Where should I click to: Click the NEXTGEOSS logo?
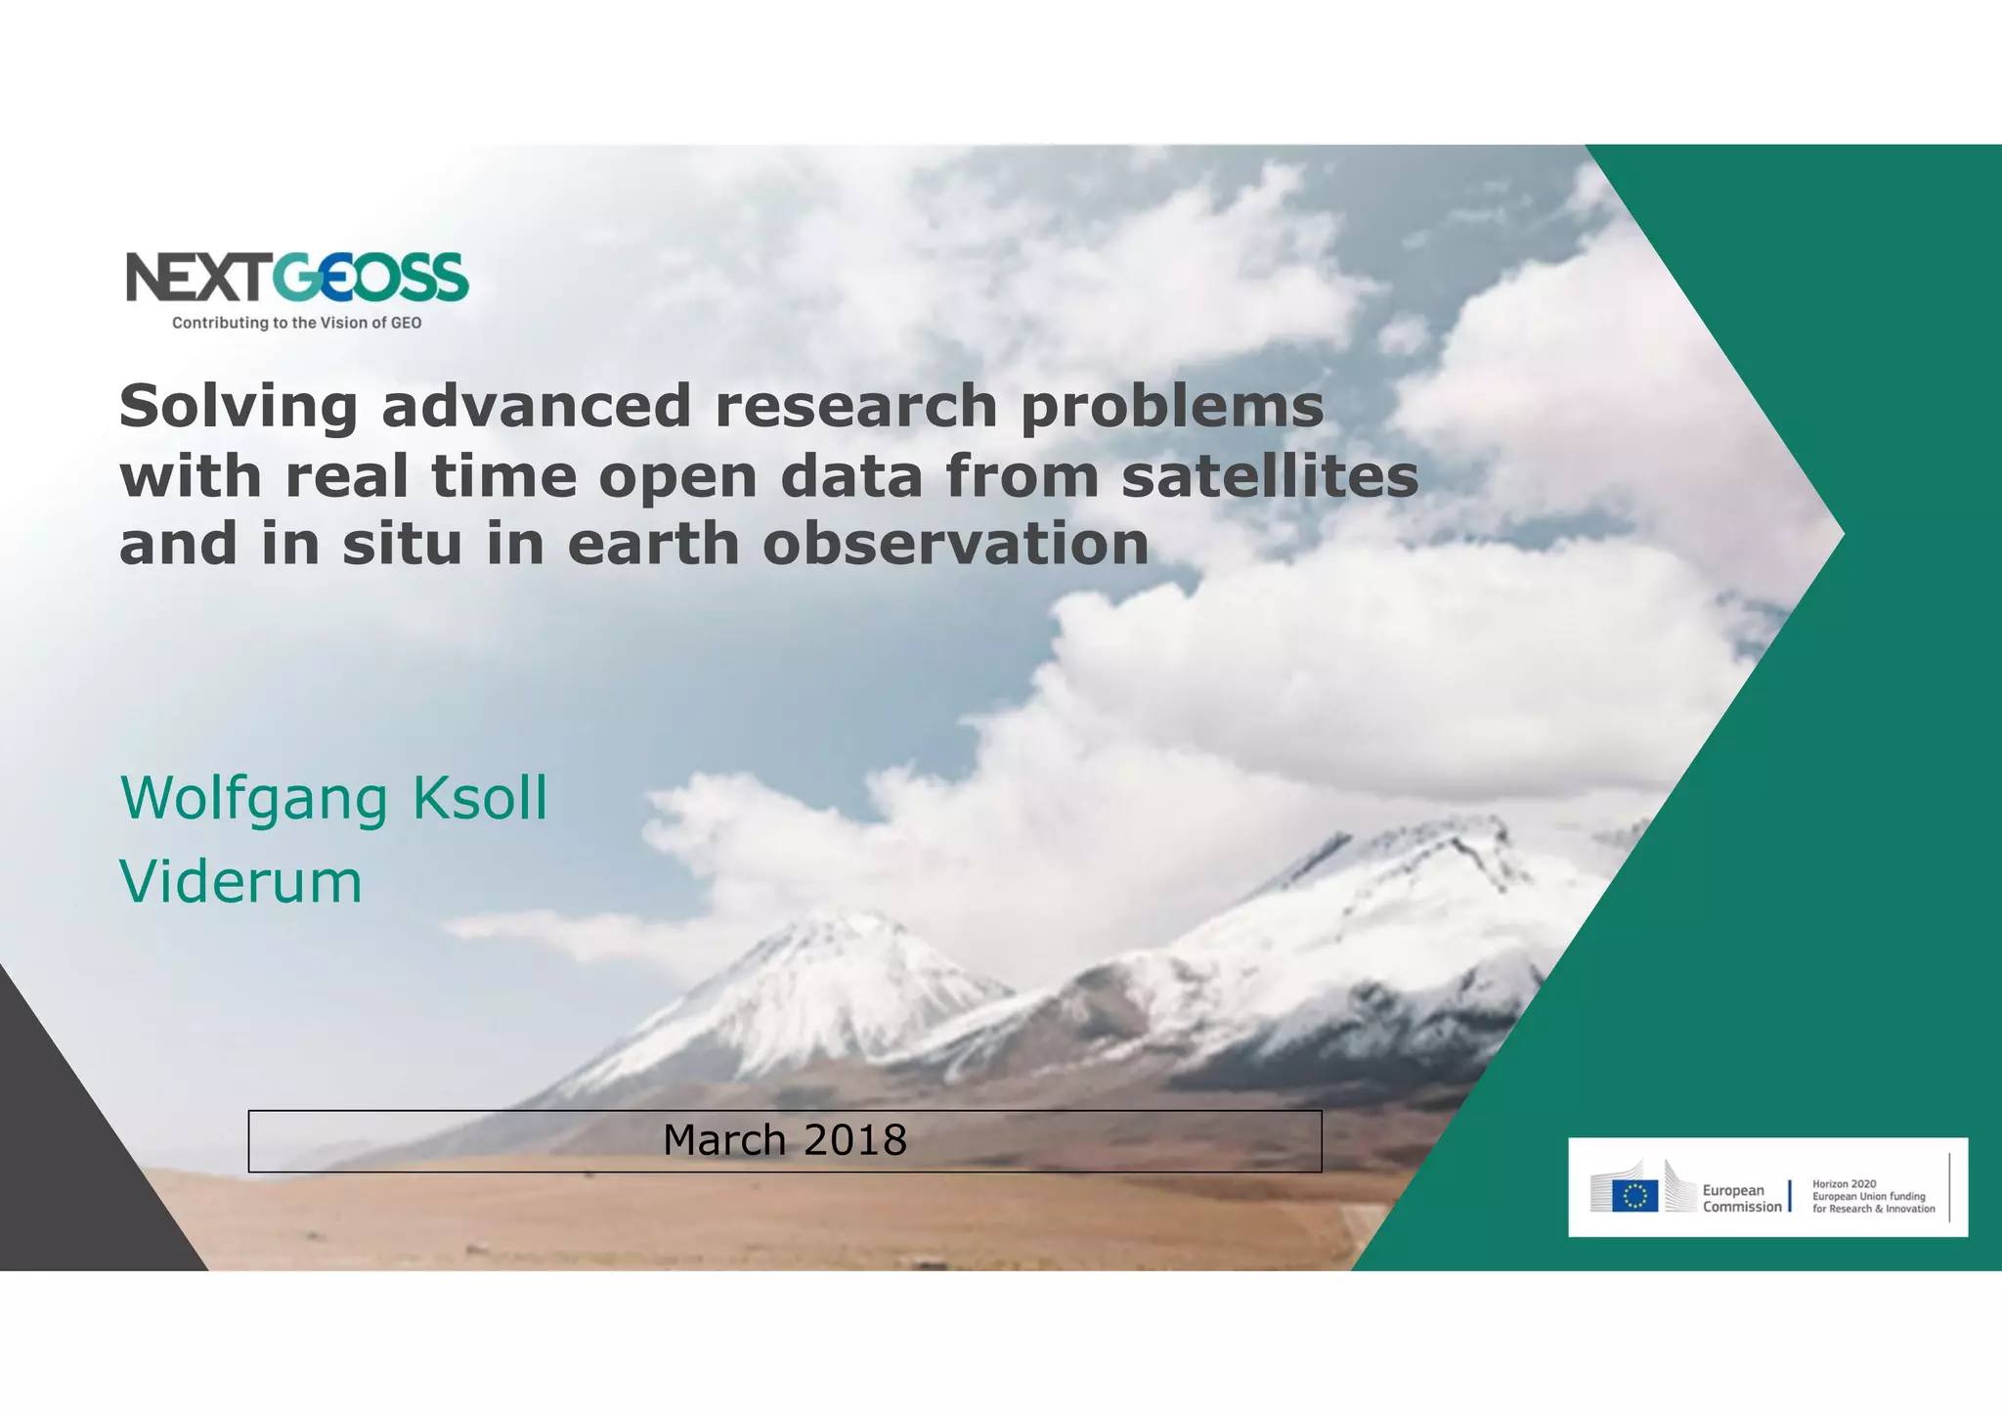297,278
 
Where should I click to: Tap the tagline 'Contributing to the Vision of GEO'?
297,323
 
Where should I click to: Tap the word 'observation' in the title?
955,544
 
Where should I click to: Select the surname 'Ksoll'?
479,798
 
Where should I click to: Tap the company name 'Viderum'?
240,881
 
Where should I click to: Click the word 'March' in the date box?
723,1140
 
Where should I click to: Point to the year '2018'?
855,1140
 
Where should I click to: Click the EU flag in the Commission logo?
1634,1195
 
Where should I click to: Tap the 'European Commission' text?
1741,1198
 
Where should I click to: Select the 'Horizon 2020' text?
1844,1183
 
